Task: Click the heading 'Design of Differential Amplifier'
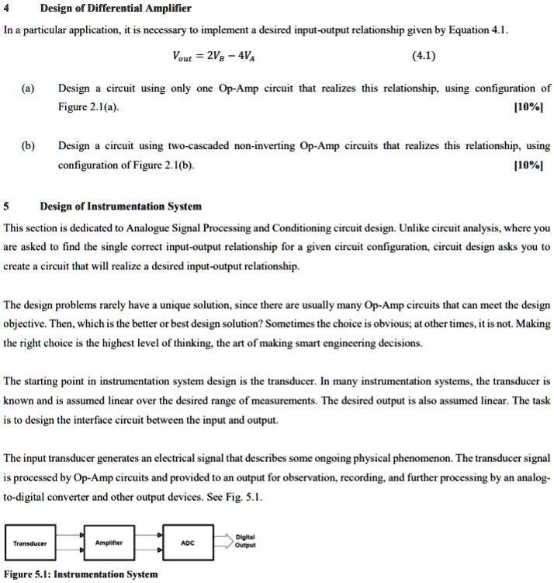coord(104,9)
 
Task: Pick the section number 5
coord(6,206)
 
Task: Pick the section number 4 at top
coord(6,9)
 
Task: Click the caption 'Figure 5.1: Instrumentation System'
coord(81,574)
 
